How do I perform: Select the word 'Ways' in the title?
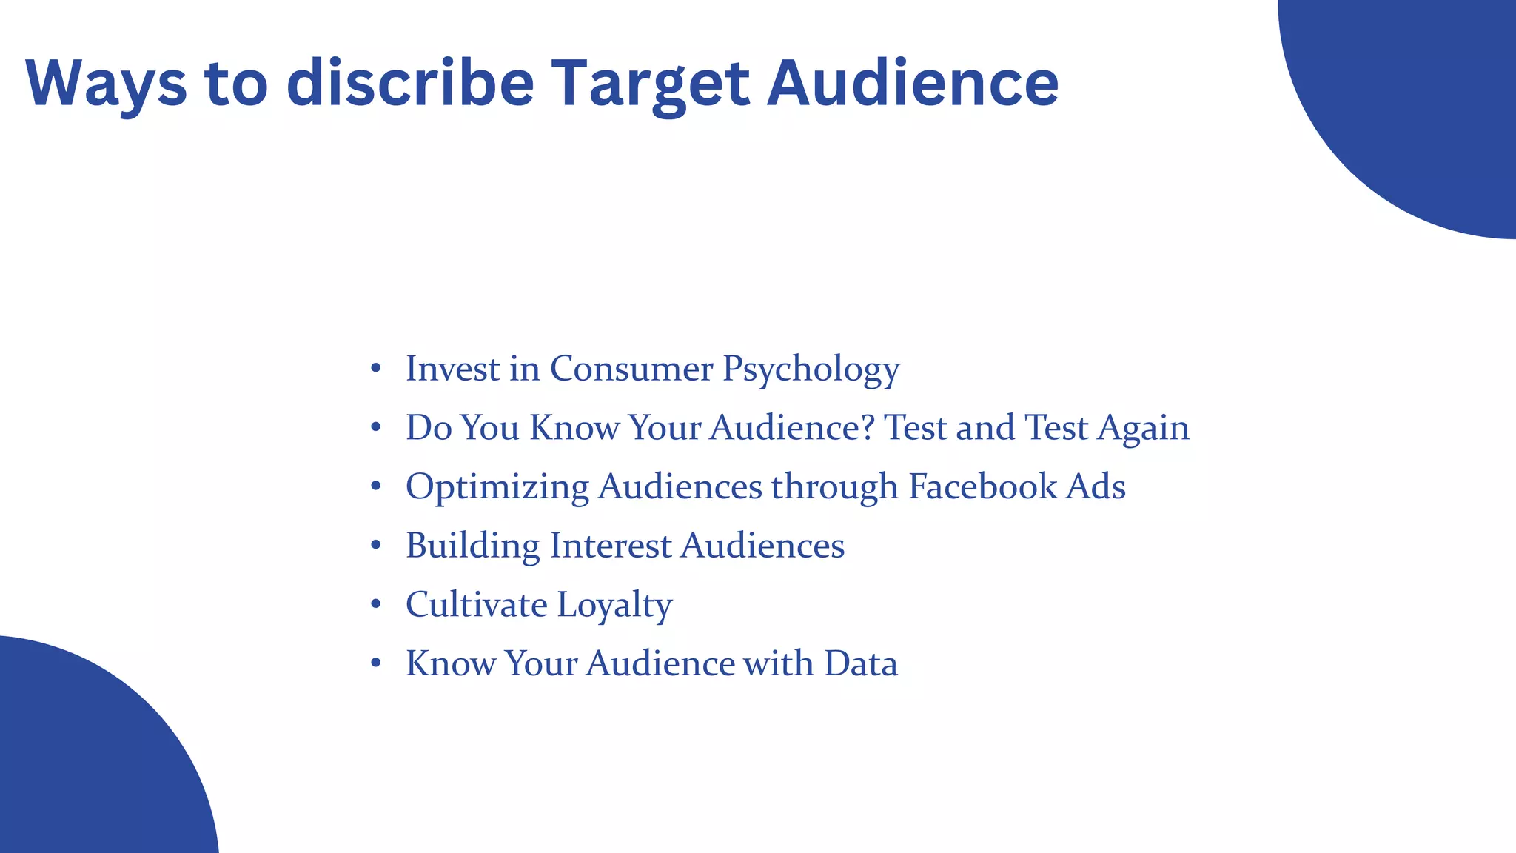pyautogui.click(x=106, y=84)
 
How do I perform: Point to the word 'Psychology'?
pyautogui.click(x=811, y=369)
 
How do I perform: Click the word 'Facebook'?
pyautogui.click(x=982, y=486)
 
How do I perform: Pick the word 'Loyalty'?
pyautogui.click(x=614, y=606)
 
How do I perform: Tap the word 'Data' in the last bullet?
pyautogui.click(x=860, y=663)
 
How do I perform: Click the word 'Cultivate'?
pyautogui.click(x=476, y=605)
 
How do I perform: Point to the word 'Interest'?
pyautogui.click(x=611, y=546)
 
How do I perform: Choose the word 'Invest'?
pyautogui.click(x=452, y=369)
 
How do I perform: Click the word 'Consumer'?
pyautogui.click(x=631, y=369)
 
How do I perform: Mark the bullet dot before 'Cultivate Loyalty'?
pyautogui.click(x=376, y=604)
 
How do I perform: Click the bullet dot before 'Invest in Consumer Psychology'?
pyautogui.click(x=376, y=368)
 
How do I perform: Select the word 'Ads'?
pyautogui.click(x=1096, y=486)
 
